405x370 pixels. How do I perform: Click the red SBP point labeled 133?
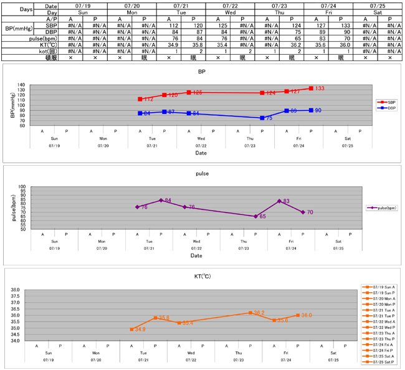(311, 88)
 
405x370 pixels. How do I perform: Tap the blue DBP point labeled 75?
(262, 118)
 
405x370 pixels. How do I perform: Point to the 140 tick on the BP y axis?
(38, 85)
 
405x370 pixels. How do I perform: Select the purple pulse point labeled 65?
(256, 216)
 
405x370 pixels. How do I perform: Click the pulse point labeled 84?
(161, 200)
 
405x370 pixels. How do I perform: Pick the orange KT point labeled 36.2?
(250, 313)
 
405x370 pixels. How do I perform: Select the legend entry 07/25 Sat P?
(380, 361)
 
